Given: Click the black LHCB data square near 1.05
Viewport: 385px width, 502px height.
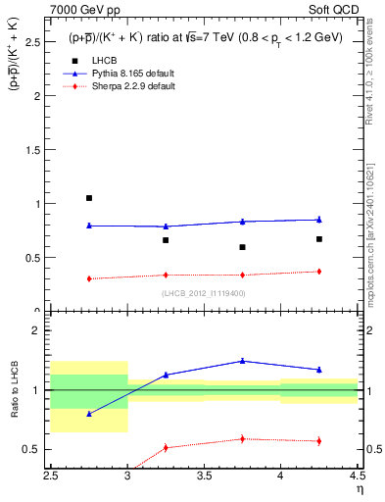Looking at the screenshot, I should (89, 198).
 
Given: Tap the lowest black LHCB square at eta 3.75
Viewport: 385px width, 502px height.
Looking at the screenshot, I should (242, 247).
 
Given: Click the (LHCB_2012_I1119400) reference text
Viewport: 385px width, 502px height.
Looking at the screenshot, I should (204, 293).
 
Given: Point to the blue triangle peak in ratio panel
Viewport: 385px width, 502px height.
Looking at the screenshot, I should (242, 361).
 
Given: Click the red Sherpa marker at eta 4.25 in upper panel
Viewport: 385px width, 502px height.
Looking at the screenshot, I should (318, 272).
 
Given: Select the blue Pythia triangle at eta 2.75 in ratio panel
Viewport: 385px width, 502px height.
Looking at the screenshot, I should (89, 414).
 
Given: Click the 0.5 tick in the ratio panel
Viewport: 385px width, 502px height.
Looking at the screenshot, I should (38, 449).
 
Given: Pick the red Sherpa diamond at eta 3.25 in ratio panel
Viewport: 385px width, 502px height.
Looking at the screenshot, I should (166, 447).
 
